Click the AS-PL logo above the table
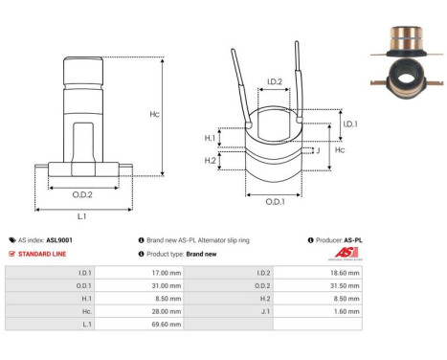[x=342, y=254]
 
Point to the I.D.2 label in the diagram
[x=273, y=82]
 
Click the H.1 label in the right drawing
[x=211, y=139]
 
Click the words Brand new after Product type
[x=202, y=254]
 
